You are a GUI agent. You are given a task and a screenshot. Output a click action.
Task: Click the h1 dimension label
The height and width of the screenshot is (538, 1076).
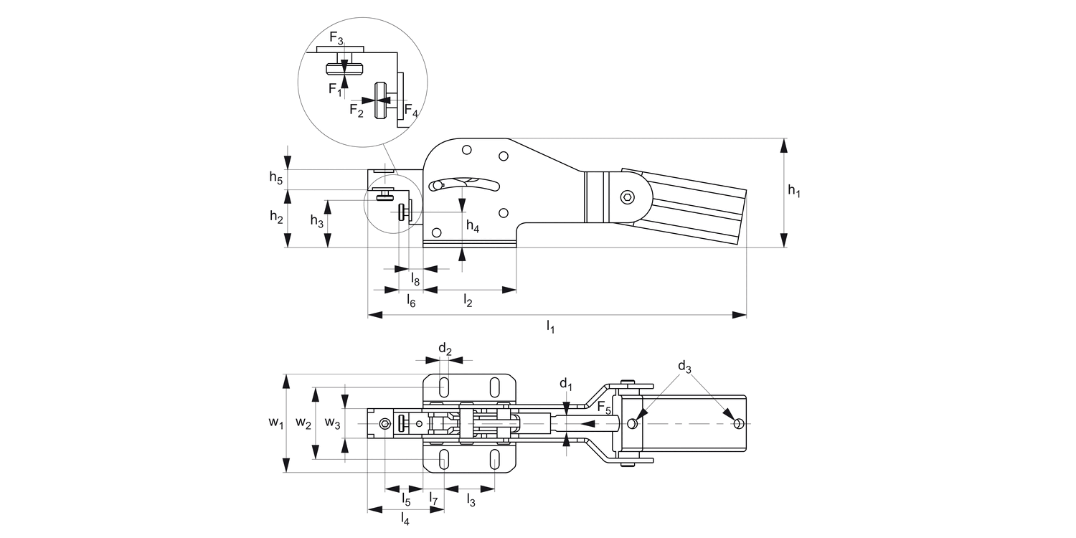(x=793, y=192)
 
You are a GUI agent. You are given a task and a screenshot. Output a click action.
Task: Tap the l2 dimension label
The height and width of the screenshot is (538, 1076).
(x=468, y=301)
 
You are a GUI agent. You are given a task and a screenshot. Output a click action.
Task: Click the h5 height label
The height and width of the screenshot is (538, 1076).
(x=276, y=177)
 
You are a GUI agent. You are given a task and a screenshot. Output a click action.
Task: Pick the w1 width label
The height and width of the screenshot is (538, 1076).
(x=275, y=424)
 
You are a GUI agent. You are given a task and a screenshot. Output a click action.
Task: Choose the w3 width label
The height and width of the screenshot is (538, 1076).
(x=332, y=423)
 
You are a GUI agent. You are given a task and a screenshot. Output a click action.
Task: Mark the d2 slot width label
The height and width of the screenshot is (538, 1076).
(x=445, y=350)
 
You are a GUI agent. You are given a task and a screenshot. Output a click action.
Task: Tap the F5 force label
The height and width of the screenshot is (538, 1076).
(x=605, y=410)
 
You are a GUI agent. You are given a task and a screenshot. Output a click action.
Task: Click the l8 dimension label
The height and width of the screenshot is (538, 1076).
(x=415, y=278)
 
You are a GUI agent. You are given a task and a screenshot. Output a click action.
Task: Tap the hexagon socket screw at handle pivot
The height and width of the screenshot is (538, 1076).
(x=628, y=197)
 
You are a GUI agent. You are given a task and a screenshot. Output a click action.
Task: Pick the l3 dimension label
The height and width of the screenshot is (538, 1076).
(x=471, y=499)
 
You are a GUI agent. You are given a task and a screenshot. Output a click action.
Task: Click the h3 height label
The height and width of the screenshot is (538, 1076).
(x=316, y=222)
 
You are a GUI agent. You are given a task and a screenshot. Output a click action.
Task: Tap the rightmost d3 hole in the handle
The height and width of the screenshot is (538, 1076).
(x=738, y=424)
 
